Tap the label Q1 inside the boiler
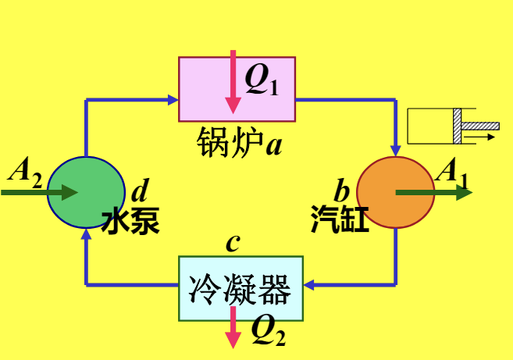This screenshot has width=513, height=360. coord(262,79)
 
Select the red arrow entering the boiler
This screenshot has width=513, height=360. coord(232,82)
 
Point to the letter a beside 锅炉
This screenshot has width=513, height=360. coord(273,144)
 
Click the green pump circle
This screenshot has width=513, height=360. coord(86,192)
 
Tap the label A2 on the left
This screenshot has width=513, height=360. coord(25,171)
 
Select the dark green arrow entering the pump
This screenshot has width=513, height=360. coord(39,192)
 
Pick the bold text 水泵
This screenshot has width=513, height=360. coord(130,221)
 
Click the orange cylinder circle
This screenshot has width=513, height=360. coord(395,192)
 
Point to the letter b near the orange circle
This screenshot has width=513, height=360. coord(342,190)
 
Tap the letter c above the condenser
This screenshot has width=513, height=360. coord(232,243)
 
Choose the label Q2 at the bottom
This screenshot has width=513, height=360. coord(268,333)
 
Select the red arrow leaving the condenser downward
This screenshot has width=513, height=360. coord(233,328)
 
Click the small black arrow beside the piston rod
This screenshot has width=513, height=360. coord(485,137)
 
